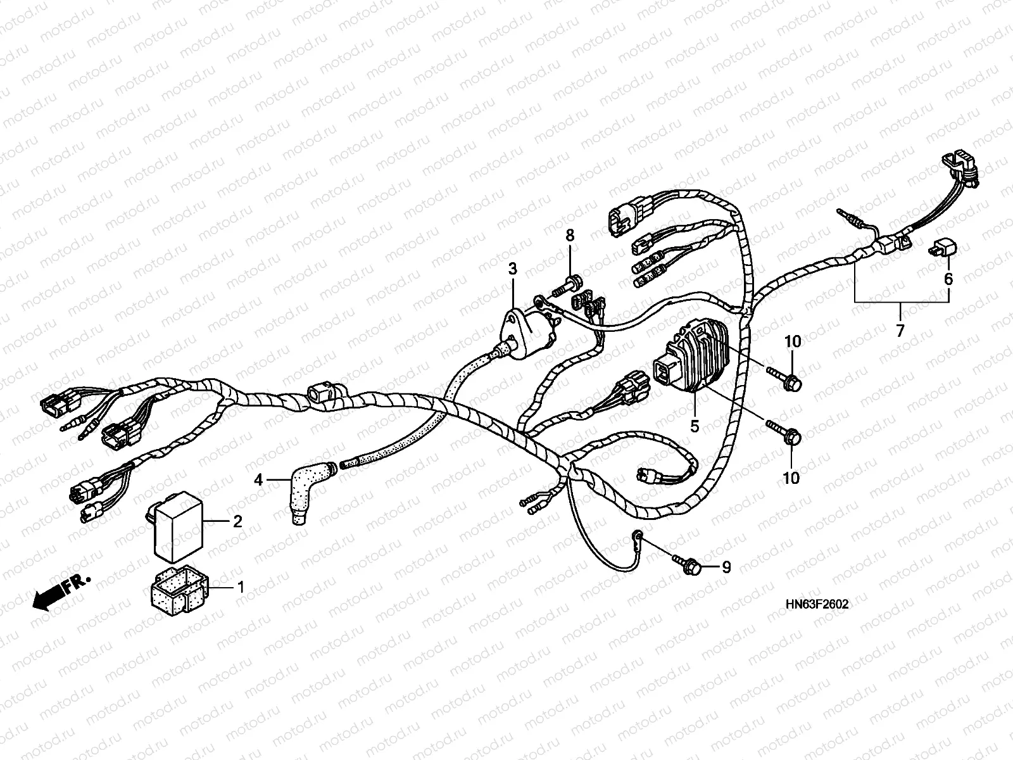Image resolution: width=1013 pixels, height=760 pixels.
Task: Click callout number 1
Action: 240,588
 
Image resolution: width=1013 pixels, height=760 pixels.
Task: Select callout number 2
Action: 237,522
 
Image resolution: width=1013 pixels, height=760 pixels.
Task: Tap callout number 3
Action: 512,270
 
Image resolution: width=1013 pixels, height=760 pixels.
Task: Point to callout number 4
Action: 258,481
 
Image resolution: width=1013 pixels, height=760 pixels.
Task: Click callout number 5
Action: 695,426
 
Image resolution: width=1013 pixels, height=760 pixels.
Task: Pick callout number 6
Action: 948,279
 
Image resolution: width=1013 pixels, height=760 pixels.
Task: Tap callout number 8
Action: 570,236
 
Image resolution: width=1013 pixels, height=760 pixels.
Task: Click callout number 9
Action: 726,567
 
